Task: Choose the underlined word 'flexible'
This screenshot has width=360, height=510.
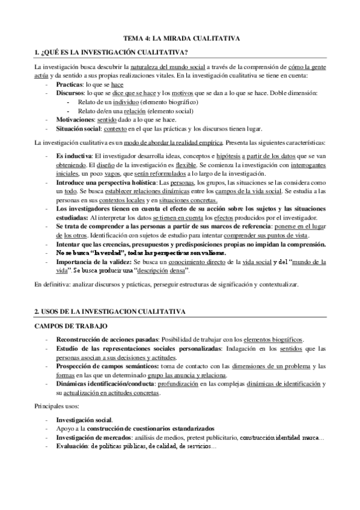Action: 170,164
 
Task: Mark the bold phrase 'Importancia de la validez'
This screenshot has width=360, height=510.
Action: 92,262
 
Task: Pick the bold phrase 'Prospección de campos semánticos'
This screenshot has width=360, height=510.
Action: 101,366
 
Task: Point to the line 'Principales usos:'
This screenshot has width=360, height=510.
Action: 56,407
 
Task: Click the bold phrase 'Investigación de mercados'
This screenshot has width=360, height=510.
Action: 90,437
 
